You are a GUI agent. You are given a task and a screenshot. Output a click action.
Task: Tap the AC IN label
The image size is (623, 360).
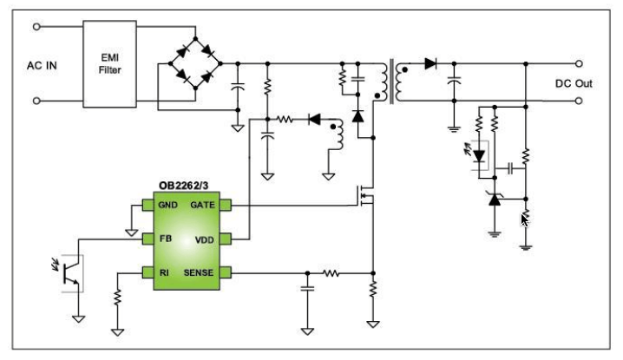[42, 66]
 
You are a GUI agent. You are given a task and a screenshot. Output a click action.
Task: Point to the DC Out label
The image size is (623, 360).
[574, 83]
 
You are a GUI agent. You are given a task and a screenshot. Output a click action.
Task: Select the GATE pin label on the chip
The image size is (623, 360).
[202, 205]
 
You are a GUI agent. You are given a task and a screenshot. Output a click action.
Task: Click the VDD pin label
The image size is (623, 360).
[204, 240]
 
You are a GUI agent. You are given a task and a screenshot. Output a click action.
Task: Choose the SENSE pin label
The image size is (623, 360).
[198, 272]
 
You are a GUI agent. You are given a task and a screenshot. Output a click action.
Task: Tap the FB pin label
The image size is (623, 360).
[165, 239]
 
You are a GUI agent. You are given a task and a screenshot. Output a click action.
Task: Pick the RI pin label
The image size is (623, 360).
[164, 272]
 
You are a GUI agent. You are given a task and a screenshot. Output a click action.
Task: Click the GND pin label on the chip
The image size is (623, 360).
[167, 205]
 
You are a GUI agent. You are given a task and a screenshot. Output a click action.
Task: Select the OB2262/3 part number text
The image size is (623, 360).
[183, 186]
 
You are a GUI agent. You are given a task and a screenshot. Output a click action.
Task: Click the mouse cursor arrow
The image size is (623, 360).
[524, 219]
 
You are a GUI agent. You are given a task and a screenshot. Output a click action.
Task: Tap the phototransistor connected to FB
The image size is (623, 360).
[71, 273]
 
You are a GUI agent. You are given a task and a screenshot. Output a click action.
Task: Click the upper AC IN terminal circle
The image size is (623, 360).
[36, 27]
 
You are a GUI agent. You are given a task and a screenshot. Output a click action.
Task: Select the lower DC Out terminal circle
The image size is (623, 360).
[579, 101]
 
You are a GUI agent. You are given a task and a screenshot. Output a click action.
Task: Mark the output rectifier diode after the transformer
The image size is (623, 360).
[430, 63]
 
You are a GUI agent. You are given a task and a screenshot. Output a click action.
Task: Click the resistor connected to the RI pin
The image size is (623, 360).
[117, 297]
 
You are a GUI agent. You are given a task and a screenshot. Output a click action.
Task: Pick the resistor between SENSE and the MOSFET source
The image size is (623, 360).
[331, 273]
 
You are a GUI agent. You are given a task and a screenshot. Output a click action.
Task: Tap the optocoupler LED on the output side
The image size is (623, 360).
[479, 156]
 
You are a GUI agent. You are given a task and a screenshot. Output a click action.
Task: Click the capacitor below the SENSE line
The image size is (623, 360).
[307, 288]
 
